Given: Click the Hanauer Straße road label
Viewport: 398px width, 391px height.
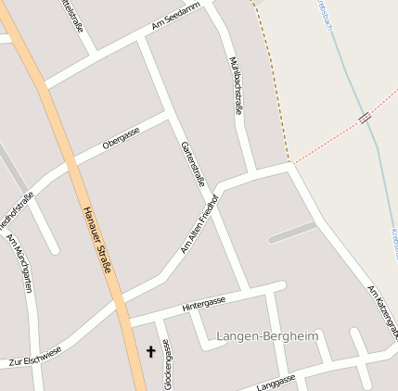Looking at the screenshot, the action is point(97,240).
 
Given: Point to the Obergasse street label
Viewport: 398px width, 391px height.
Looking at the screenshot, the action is point(122,138).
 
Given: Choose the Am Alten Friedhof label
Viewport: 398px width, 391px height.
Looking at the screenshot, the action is point(199,223).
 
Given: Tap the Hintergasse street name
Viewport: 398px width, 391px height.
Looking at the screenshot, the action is point(204,303).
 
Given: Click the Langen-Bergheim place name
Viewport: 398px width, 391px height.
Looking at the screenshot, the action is point(266,334).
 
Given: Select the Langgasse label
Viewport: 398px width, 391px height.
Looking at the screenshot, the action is point(276,381).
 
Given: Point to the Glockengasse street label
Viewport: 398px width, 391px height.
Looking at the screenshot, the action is point(167,363).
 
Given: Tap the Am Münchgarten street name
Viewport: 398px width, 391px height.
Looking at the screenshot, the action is point(19,264).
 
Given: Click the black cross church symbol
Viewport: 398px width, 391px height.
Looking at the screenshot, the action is point(151,352).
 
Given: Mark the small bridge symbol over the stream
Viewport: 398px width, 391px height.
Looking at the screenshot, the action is point(365,118).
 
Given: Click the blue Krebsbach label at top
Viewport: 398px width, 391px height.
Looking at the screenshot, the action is point(326,17).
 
